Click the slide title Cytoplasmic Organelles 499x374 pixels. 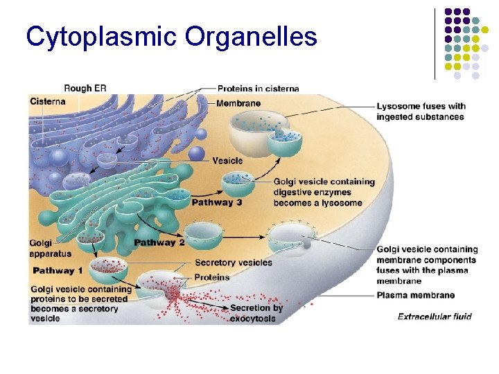click(x=171, y=36)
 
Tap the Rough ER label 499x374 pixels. click(x=85, y=88)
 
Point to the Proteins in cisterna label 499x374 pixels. click(x=258, y=89)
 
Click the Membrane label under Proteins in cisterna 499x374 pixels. click(x=238, y=103)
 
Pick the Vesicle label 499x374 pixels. click(x=227, y=161)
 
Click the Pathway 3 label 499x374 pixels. click(x=217, y=203)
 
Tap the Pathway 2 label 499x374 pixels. click(x=159, y=242)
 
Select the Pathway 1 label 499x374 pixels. click(x=58, y=270)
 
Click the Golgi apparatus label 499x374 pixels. click(x=50, y=248)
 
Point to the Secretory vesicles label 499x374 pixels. click(x=234, y=262)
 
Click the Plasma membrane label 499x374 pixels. click(x=416, y=295)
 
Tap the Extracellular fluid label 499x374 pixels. click(x=435, y=317)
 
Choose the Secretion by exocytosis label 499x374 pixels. click(x=256, y=313)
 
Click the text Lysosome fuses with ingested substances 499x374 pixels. click(x=421, y=112)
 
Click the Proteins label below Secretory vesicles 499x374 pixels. click(x=212, y=277)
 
